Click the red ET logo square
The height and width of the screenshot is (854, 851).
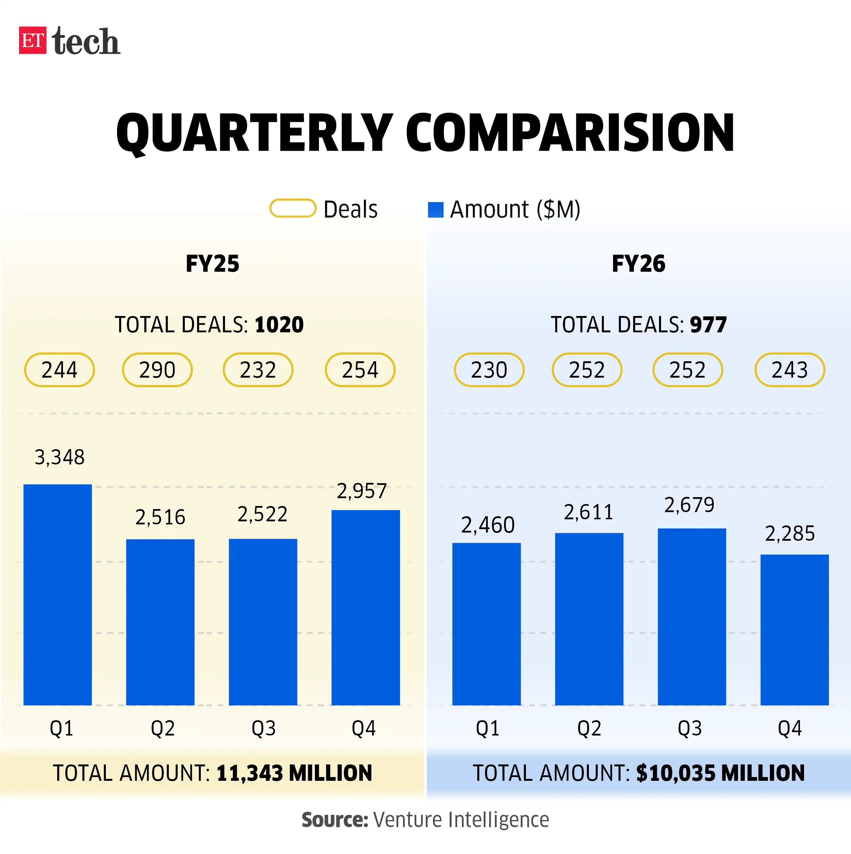click(x=32, y=40)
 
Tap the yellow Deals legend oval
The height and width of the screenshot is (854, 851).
click(x=292, y=208)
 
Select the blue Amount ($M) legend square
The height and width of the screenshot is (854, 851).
click(x=435, y=209)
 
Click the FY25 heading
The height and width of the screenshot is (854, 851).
click(x=212, y=264)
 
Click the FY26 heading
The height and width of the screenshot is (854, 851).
click(x=638, y=264)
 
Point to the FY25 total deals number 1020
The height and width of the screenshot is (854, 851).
click(x=279, y=325)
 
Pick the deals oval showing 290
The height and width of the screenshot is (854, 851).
click(x=157, y=369)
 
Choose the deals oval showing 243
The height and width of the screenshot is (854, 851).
click(x=789, y=369)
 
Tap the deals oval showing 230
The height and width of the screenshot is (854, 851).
click(x=489, y=369)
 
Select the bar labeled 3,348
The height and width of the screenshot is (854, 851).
click(x=58, y=595)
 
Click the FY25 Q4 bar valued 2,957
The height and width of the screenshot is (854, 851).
click(x=365, y=607)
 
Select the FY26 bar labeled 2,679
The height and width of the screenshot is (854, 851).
click(x=691, y=617)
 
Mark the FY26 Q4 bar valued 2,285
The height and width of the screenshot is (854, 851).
click(x=794, y=630)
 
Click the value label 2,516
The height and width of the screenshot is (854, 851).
click(x=160, y=517)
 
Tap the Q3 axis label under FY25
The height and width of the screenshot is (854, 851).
click(x=263, y=728)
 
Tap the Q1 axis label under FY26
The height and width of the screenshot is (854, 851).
click(x=487, y=728)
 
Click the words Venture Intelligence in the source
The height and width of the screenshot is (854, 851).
click(x=461, y=820)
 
